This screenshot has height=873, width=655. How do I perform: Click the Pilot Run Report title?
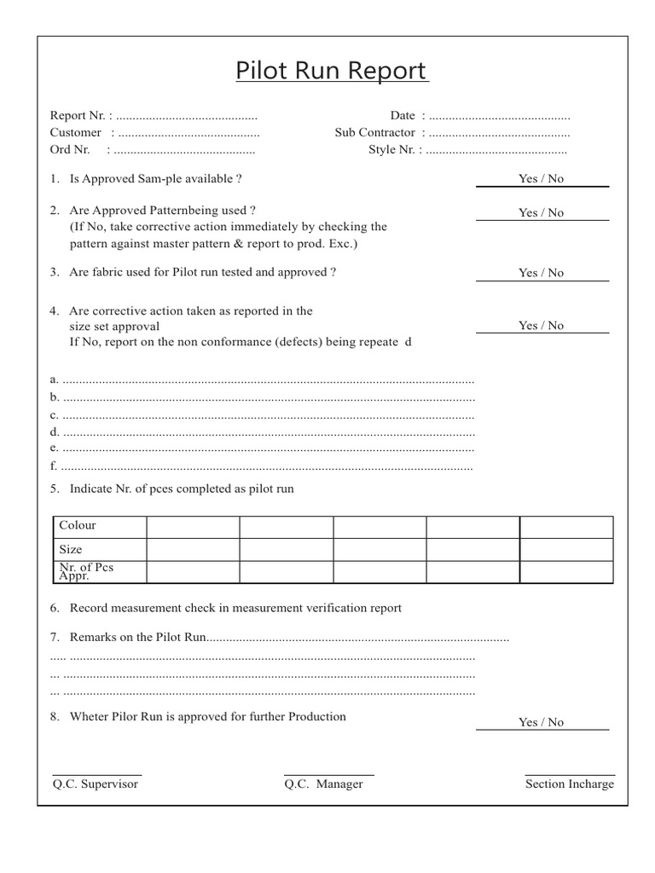[x=332, y=71]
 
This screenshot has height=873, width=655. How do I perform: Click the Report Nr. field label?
[x=78, y=115]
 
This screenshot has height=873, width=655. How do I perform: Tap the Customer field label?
[x=76, y=132]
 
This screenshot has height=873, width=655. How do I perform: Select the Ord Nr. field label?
[x=70, y=149]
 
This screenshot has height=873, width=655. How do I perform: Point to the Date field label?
[x=403, y=115]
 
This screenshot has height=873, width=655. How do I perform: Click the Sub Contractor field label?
[x=375, y=132]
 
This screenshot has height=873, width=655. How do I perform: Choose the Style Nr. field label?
[x=391, y=149]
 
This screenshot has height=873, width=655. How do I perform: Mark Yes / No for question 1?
[x=541, y=179]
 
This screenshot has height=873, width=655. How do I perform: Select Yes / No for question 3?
[x=541, y=273]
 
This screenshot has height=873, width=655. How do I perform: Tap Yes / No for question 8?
[x=541, y=722]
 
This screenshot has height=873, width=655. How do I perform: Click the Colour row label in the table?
[x=78, y=525]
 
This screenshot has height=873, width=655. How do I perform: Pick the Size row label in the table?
[x=71, y=549]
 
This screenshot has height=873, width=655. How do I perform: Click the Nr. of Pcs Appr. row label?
[x=85, y=571]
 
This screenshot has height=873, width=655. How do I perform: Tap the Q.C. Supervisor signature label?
[x=95, y=784]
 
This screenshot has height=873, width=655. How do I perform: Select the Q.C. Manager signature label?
[x=323, y=784]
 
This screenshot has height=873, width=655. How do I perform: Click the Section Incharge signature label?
[x=569, y=784]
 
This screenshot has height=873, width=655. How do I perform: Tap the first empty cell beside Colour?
[x=193, y=526]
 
